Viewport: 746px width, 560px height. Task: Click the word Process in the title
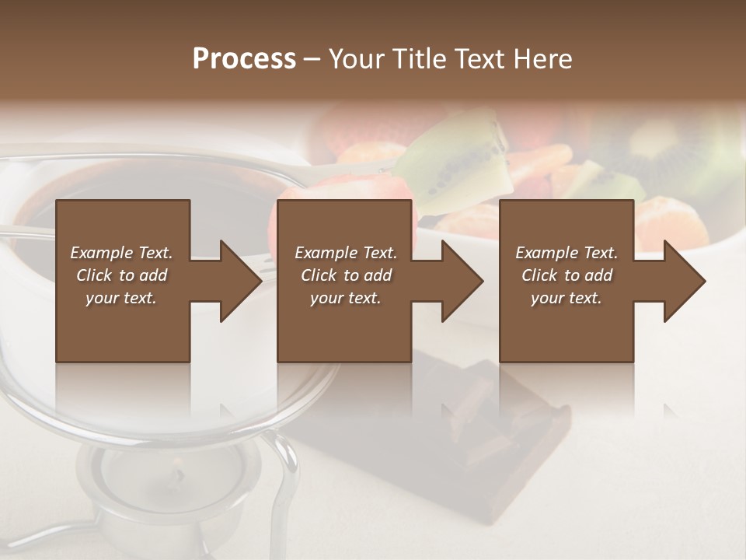pos(244,59)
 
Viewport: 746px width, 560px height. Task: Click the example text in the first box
pos(121,275)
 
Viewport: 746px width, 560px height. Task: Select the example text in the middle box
pos(345,275)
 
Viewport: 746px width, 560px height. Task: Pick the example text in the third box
pos(566,275)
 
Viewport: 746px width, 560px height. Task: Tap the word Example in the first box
pos(103,253)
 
